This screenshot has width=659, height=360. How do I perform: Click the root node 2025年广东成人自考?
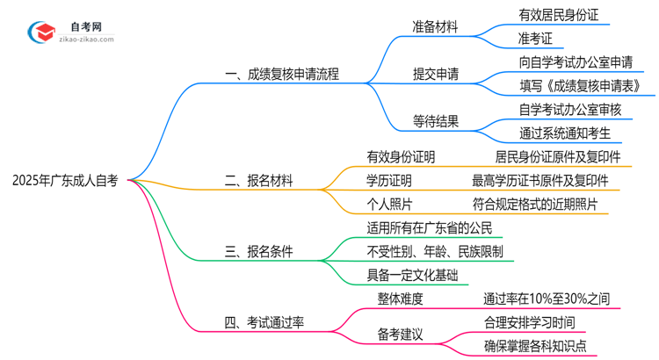65,181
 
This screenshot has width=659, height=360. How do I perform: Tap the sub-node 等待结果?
435,121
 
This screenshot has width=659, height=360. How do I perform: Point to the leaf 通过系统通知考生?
565,133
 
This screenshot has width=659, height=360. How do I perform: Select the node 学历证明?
389,181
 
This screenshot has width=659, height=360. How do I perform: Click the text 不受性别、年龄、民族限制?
435,251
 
